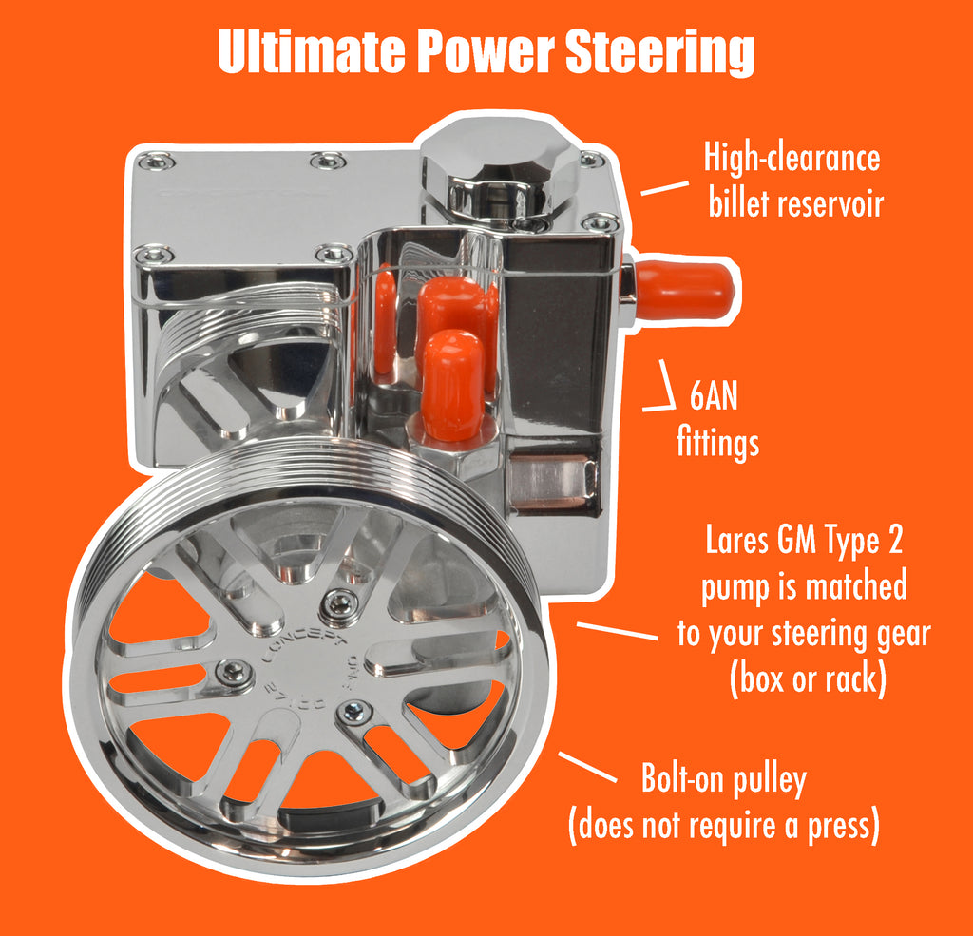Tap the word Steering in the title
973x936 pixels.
pyautogui.click(x=659, y=54)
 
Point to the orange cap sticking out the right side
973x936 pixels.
pyautogui.click(x=684, y=290)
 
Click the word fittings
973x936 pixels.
pyautogui.click(x=717, y=442)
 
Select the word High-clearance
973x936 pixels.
pyautogui.click(x=792, y=158)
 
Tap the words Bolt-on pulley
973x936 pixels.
pyautogui.click(x=724, y=780)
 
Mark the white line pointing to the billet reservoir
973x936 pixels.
pyautogui.click(x=663, y=187)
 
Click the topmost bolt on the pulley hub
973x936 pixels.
pyautogui.click(x=339, y=602)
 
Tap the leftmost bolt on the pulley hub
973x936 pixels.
pyautogui.click(x=234, y=671)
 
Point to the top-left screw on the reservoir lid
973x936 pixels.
pyautogui.click(x=155, y=162)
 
